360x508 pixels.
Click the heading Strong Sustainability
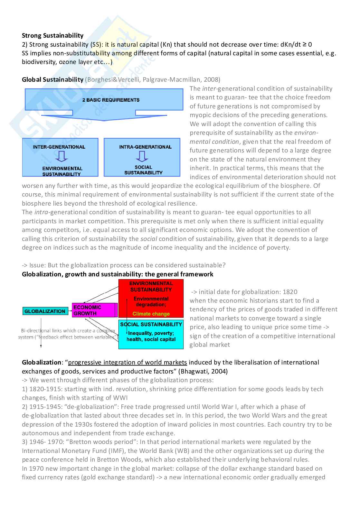(x=52, y=35)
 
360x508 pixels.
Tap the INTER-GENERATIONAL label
(x=59, y=147)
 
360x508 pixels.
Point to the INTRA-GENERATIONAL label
(x=145, y=147)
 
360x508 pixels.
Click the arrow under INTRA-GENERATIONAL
(x=142, y=156)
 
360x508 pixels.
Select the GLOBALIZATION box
(x=45, y=311)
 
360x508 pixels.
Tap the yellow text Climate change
(x=151, y=314)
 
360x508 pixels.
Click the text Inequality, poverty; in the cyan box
(x=151, y=333)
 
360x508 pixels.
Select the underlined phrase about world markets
(x=128, y=362)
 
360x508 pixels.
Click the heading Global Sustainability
(x=52, y=79)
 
